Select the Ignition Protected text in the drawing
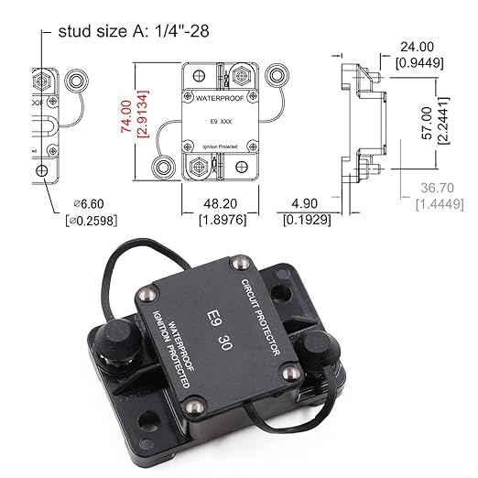[x=217, y=146]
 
